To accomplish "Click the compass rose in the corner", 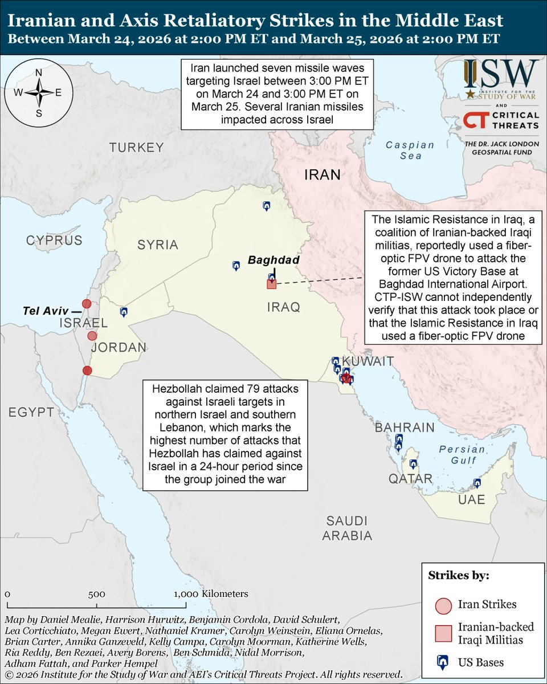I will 39,92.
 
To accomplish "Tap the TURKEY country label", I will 136,148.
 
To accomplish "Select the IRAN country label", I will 323,174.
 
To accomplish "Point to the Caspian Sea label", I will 410,150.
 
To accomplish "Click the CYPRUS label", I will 54,240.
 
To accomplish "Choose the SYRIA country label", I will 158,245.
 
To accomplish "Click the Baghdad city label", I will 273,260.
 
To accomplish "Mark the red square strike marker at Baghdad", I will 272,284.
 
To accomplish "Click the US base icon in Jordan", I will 124,312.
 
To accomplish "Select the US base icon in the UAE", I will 477,483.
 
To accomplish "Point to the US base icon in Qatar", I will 413,464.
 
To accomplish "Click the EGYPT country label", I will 27,412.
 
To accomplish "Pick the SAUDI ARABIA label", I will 346,528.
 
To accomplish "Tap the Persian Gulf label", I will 462,455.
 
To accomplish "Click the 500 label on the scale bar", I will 96,593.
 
